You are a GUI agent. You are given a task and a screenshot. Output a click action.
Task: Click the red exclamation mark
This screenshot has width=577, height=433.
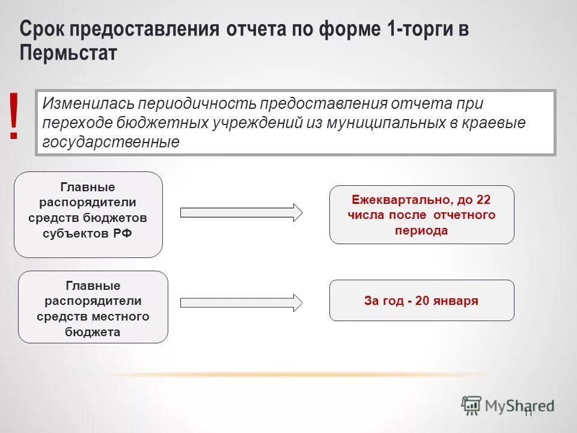[x=14, y=117]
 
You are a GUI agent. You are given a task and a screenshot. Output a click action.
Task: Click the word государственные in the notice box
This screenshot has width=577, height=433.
[x=111, y=143]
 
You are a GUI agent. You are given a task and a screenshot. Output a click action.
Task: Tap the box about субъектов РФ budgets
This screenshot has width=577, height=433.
[x=88, y=214]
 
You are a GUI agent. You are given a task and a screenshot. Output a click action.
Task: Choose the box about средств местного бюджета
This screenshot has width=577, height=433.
[x=93, y=307]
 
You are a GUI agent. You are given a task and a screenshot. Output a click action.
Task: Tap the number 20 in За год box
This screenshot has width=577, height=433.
[x=422, y=301]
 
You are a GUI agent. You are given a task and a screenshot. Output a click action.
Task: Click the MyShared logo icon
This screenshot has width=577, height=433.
[x=472, y=405]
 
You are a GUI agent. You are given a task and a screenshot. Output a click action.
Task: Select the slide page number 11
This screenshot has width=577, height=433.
[x=528, y=413]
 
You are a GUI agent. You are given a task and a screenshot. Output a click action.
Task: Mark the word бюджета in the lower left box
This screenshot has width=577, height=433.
[x=93, y=331]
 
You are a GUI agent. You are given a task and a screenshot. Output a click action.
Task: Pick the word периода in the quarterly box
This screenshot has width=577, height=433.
[x=421, y=230]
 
